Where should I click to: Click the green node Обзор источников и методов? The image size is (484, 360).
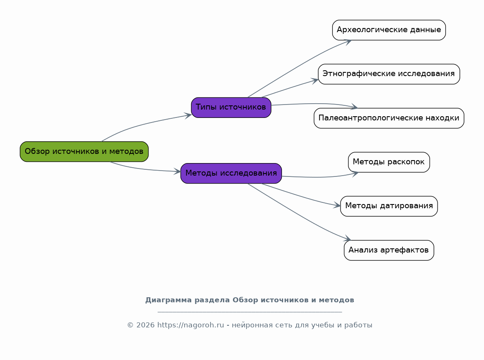[84, 151]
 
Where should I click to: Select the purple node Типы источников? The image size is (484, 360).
[231, 107]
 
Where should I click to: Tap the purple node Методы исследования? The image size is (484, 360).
[231, 174]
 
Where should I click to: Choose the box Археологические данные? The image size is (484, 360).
[389, 30]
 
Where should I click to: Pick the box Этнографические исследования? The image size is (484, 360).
[389, 74]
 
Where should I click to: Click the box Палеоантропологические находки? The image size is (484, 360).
[389, 118]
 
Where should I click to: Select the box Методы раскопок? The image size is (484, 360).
[389, 162]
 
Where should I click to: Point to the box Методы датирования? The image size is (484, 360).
[389, 207]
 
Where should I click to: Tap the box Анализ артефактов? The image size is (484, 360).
[389, 250]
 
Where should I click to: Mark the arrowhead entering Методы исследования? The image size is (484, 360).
[177, 171]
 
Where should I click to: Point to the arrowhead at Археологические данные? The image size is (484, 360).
[348, 42]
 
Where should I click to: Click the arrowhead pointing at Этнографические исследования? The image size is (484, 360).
[315, 81]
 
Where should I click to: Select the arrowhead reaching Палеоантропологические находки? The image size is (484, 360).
[354, 107]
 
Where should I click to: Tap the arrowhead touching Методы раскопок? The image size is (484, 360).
[355, 174]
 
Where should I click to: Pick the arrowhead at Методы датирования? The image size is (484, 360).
[337, 205]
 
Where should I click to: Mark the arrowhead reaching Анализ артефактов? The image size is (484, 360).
[348, 238]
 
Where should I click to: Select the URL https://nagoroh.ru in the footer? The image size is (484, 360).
[190, 325]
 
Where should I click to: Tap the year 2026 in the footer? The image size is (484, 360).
[146, 325]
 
